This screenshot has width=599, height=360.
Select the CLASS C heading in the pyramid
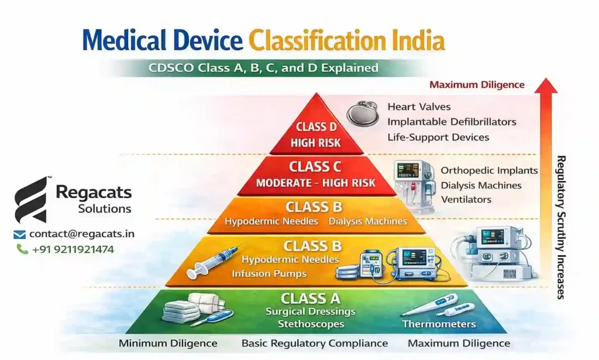click(x=315, y=167)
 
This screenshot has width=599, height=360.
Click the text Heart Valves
click(x=419, y=107)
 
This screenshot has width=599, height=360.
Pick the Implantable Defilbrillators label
click(x=452, y=122)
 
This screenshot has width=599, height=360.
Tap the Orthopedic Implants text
click(x=489, y=170)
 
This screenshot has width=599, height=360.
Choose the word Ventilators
click(x=466, y=200)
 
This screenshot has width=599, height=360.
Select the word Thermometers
click(x=439, y=324)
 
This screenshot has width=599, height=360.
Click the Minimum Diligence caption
click(x=168, y=344)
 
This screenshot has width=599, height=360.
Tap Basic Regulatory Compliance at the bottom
click(x=315, y=344)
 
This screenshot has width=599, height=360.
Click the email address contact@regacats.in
click(x=82, y=234)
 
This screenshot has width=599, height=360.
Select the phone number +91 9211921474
click(x=73, y=249)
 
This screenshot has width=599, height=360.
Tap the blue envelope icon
click(x=20, y=235)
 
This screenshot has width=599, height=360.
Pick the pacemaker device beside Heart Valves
click(x=362, y=113)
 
